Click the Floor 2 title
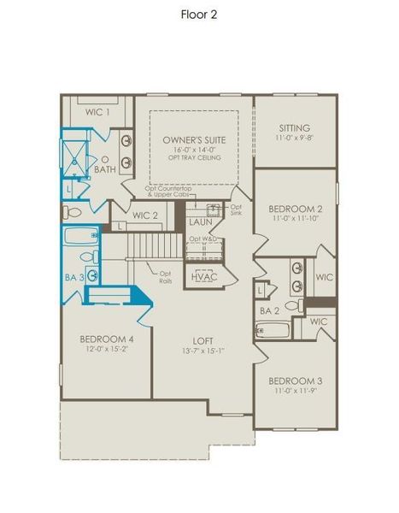pyautogui.click(x=199, y=14)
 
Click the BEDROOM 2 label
pyautogui.click(x=295, y=209)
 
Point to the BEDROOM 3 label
pyautogui.click(x=294, y=380)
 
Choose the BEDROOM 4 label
pyautogui.click(x=107, y=338)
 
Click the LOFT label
pyautogui.click(x=203, y=339)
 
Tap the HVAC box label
pyautogui.click(x=204, y=277)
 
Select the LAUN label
pyautogui.click(x=200, y=221)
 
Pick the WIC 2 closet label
pyautogui.click(x=145, y=215)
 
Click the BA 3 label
pyautogui.click(x=75, y=277)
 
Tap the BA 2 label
pyautogui.click(x=270, y=311)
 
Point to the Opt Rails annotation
pyautogui.click(x=166, y=276)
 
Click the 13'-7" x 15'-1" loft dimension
pyautogui.click(x=203, y=350)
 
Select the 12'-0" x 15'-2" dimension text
pyautogui.click(x=107, y=349)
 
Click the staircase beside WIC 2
pyautogui.click(x=156, y=249)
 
